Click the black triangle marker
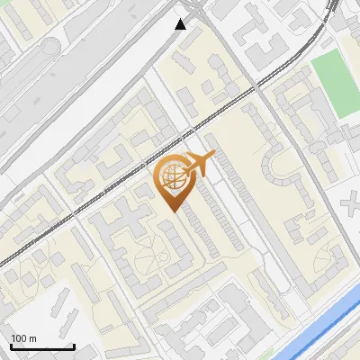coord(181,23)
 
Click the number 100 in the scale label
coord(19,337)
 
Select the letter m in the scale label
coord(32,337)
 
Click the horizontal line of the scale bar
coord(41,346)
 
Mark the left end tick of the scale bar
coord(11,345)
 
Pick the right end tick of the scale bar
coord(73,345)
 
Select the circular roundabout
coord(49,44)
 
